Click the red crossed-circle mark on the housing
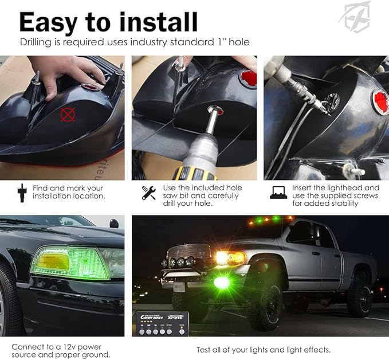coord(68,115)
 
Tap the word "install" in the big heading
coord(158,22)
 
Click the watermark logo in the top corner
coord(355,17)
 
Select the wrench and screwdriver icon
coord(149,193)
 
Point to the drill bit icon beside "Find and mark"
coord(22,193)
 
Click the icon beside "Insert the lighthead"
coord(278,193)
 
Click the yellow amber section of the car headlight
coord(54,262)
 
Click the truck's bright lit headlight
coord(223,257)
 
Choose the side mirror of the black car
coord(114,223)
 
